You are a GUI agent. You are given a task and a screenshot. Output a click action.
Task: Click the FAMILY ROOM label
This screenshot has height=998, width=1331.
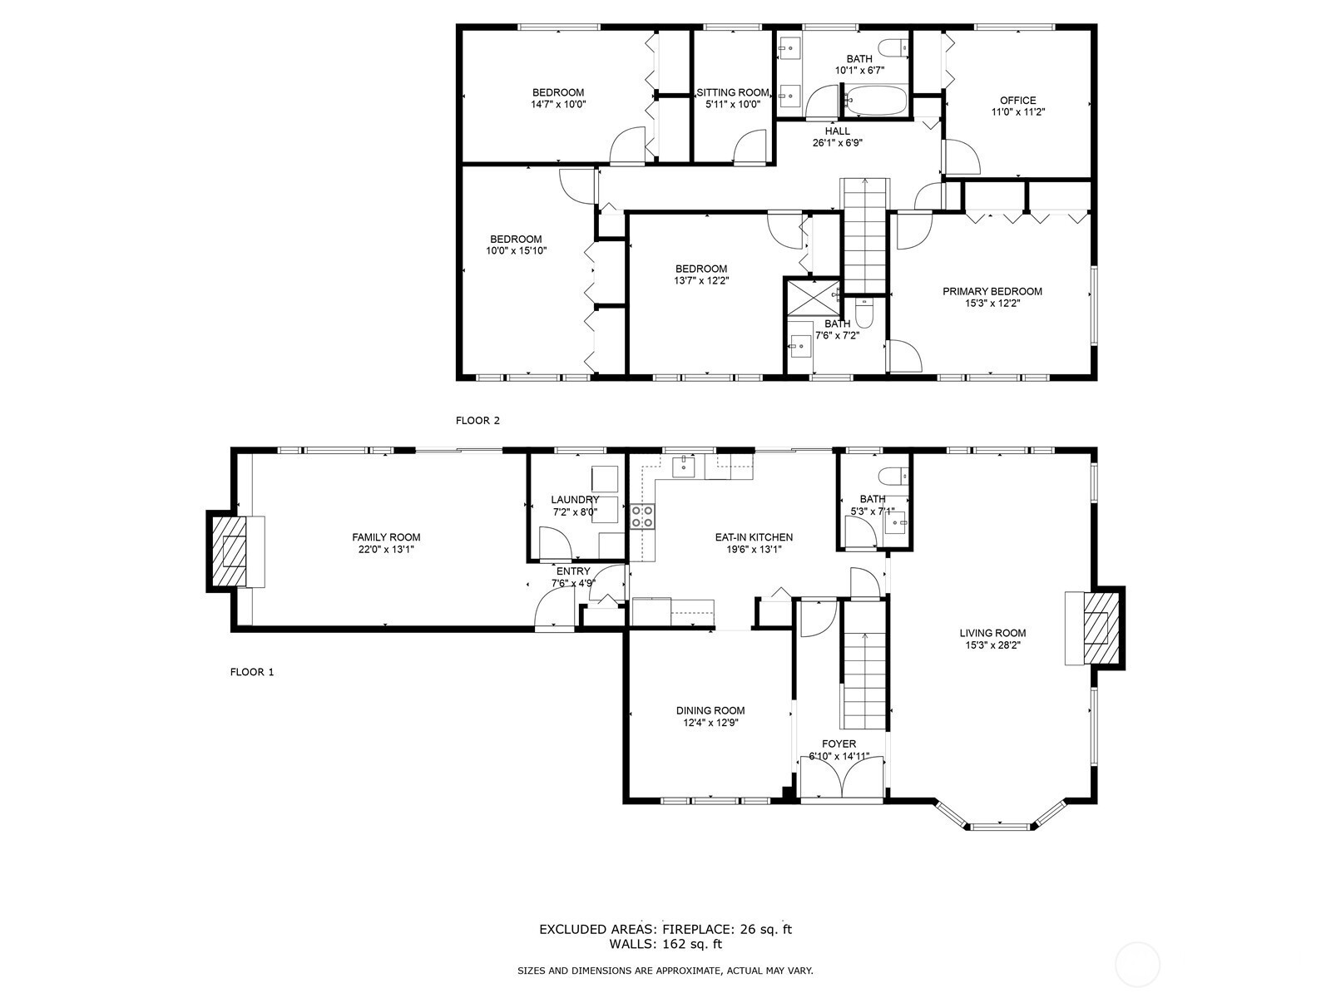(x=386, y=537)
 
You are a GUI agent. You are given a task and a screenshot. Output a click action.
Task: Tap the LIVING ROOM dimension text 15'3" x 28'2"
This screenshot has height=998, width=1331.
(x=992, y=645)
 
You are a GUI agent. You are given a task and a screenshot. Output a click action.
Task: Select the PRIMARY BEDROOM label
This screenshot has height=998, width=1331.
(x=992, y=291)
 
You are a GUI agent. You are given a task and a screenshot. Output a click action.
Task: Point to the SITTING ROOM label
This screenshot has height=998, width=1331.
(x=733, y=92)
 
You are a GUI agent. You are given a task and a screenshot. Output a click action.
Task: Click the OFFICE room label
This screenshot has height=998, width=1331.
(x=1018, y=101)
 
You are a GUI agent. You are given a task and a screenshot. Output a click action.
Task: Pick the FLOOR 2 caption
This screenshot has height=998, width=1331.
(x=477, y=421)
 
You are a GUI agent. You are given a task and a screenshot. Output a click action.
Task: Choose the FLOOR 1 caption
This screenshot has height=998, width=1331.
(x=252, y=672)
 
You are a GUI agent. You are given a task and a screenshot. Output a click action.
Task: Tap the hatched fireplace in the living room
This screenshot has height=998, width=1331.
(x=1101, y=628)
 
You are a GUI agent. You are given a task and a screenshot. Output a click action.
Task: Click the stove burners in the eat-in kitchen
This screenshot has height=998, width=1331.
(x=642, y=516)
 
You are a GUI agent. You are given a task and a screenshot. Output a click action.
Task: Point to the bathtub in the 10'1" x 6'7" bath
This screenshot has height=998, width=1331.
(x=876, y=101)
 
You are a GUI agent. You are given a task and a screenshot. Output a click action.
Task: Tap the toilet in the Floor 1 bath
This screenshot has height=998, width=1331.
(x=893, y=474)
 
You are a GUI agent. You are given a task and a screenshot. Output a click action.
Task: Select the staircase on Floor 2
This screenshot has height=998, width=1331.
(x=865, y=235)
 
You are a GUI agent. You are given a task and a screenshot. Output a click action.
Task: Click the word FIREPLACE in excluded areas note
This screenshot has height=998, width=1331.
(x=698, y=930)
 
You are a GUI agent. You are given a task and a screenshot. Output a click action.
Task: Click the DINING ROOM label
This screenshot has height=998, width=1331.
(x=710, y=711)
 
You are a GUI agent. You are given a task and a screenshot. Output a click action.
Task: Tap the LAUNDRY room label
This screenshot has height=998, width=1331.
(x=575, y=500)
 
